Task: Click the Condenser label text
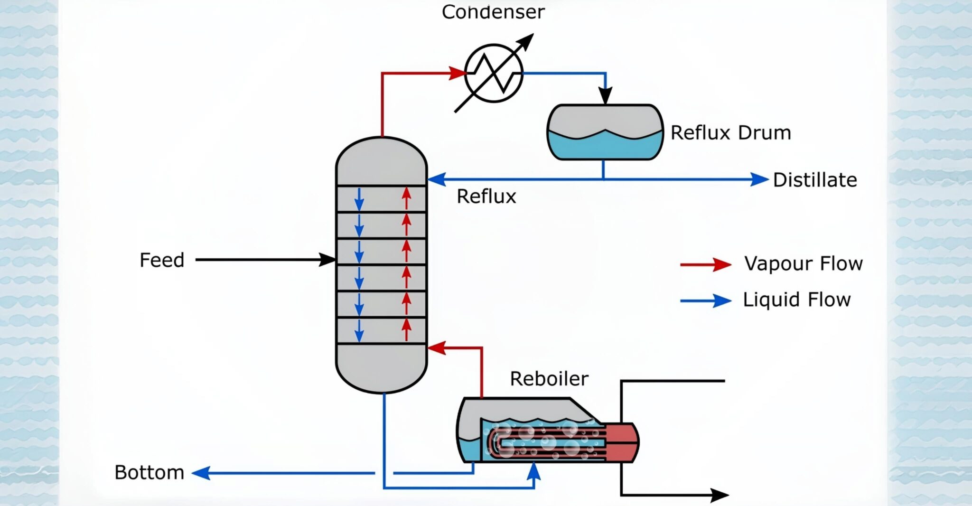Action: pyautogui.click(x=493, y=12)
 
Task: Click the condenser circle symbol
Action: pyautogui.click(x=494, y=74)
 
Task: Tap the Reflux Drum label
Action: pyautogui.click(x=730, y=133)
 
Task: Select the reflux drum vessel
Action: pyautogui.click(x=605, y=132)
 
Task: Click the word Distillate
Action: pyautogui.click(x=815, y=180)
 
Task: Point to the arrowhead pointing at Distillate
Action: pyautogui.click(x=759, y=179)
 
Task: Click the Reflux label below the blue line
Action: pyautogui.click(x=486, y=197)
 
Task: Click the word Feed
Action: pyautogui.click(x=162, y=260)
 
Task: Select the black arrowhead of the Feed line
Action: pyautogui.click(x=327, y=260)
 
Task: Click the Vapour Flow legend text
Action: pyautogui.click(x=803, y=263)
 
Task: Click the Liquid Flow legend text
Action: pyautogui.click(x=796, y=300)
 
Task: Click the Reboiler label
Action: pyautogui.click(x=549, y=379)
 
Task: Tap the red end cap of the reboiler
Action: pyautogui.click(x=622, y=442)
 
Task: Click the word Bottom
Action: pyautogui.click(x=149, y=473)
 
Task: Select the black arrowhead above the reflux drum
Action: pyautogui.click(x=605, y=96)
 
